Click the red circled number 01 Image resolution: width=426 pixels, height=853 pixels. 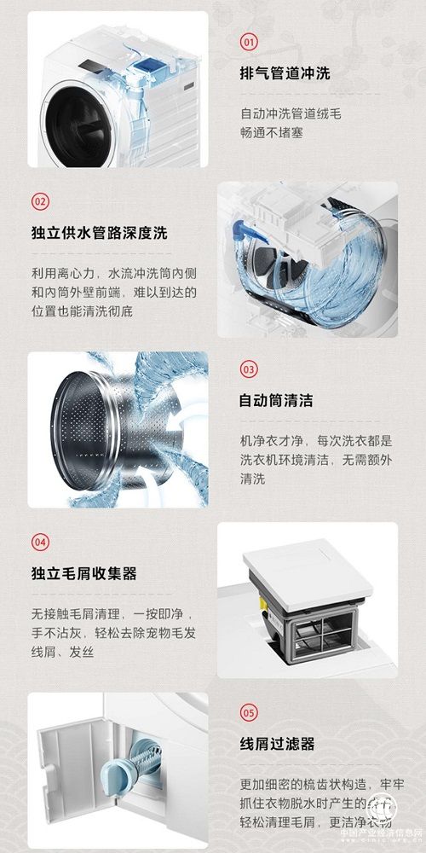(249, 42)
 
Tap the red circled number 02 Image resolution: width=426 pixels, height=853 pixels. (40, 201)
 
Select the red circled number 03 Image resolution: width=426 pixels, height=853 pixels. (249, 369)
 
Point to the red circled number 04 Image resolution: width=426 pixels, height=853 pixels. (40, 542)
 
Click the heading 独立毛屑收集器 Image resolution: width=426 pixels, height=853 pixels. (83, 572)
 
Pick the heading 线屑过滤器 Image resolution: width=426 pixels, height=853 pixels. (276, 743)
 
